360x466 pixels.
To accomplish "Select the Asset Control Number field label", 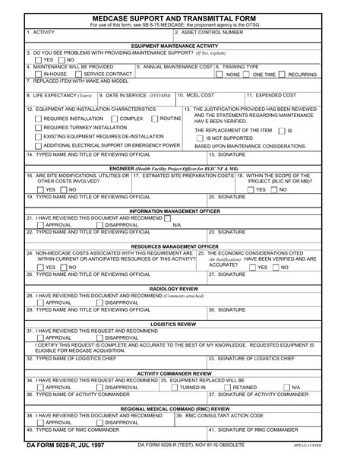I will tap(211, 33).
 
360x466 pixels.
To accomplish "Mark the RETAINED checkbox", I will tap(226, 387).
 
